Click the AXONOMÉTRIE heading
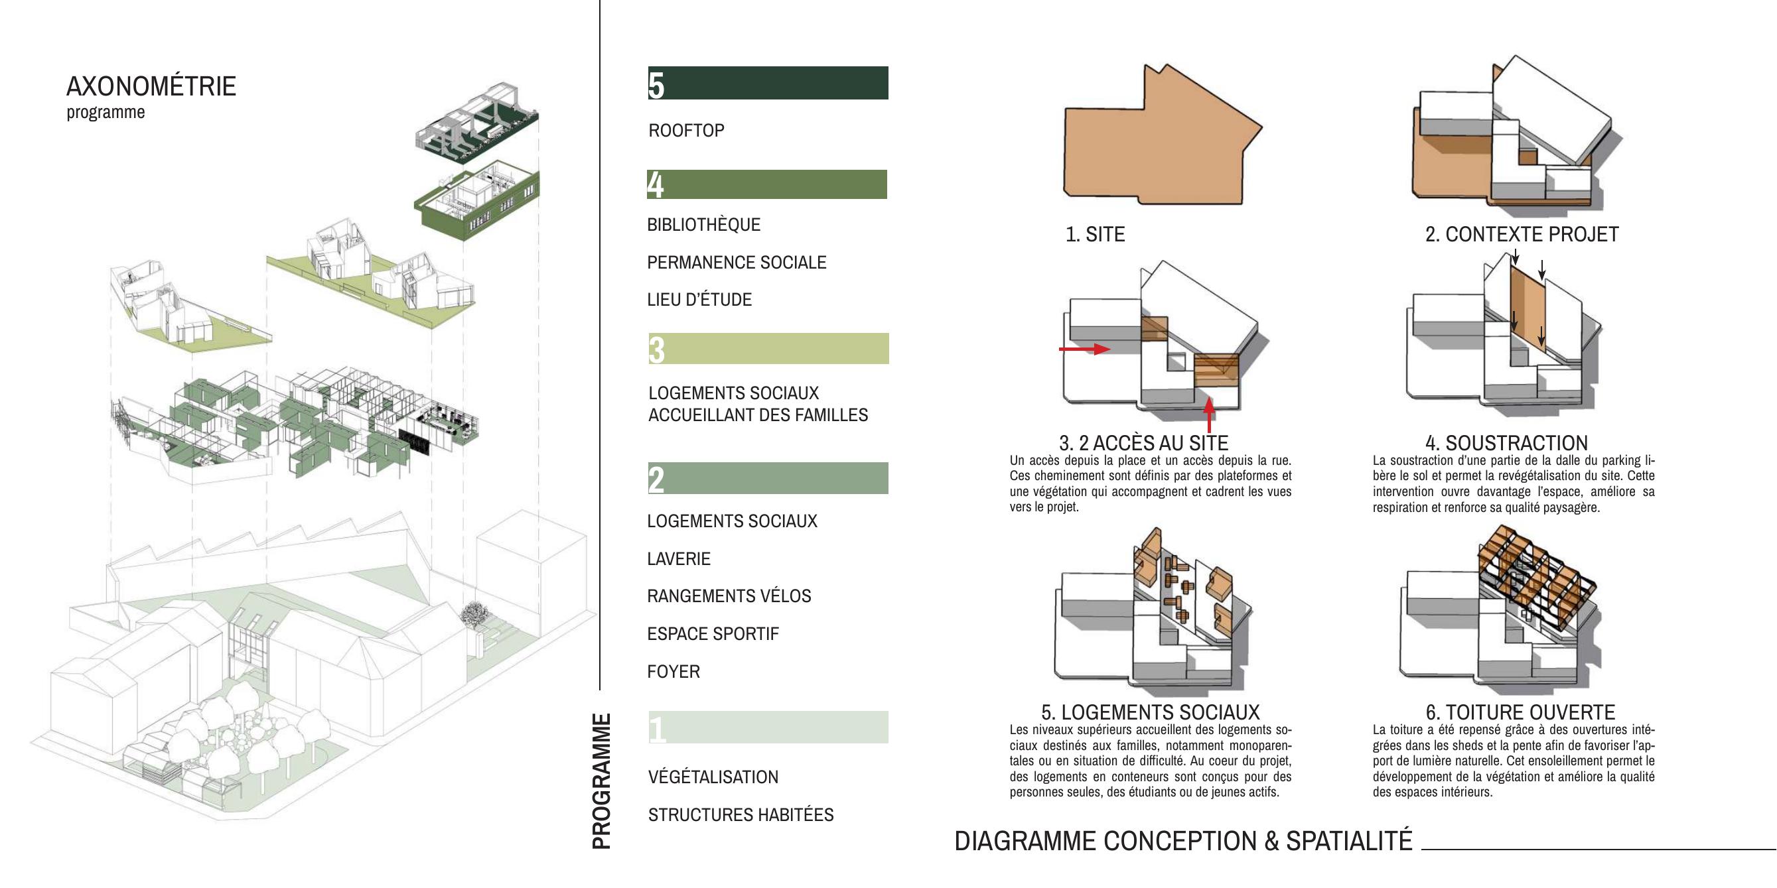(x=151, y=87)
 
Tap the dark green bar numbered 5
(x=768, y=83)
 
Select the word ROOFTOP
(x=686, y=130)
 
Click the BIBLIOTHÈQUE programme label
(x=703, y=224)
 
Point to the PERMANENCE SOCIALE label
(x=737, y=262)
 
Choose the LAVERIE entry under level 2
(x=679, y=558)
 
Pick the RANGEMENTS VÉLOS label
(x=729, y=596)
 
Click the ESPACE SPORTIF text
(x=713, y=633)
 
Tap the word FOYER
(x=674, y=672)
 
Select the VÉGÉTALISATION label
(x=713, y=777)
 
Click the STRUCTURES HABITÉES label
(x=741, y=815)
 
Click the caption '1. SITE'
(x=1096, y=234)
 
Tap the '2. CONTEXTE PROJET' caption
(x=1522, y=234)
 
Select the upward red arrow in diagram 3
(x=1208, y=415)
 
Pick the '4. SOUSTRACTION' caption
(x=1506, y=442)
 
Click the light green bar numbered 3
(x=768, y=349)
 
